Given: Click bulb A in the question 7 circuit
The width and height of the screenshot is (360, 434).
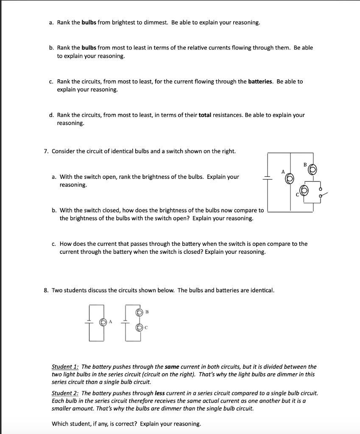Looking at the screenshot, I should point(290,179).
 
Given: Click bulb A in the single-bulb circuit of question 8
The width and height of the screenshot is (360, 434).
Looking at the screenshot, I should point(103,323).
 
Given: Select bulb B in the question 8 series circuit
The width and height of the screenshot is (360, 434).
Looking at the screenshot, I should point(139,313).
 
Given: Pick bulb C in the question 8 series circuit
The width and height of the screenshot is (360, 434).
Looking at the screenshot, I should point(139,327).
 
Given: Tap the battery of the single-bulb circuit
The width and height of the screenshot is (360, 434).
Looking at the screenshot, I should point(90,320).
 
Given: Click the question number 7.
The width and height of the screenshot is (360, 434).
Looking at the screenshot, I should point(46,151).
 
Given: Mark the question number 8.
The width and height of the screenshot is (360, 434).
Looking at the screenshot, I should point(46,290).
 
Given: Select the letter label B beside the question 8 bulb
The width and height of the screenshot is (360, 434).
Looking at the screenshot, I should point(147,312).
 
